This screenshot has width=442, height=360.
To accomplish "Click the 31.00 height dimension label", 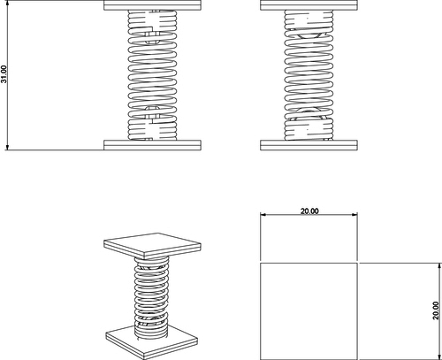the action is click(4, 74).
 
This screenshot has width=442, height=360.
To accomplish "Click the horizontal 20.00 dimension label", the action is click(309, 211).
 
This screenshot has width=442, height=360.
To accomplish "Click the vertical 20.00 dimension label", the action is click(436, 310).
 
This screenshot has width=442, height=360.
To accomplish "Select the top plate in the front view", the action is click(152, 5).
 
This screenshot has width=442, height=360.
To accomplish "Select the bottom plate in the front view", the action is click(152, 145).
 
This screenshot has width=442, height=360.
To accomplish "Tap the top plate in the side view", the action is click(309, 5).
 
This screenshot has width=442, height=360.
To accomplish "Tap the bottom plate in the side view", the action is click(309, 145).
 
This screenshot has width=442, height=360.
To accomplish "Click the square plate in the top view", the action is click(309, 311).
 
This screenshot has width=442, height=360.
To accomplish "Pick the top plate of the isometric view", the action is click(152, 246).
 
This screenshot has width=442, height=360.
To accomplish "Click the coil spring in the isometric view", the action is click(151, 298).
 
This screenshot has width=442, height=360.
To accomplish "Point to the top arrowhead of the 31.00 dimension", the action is click(7, 3).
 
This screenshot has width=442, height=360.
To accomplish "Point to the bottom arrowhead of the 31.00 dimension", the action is click(7, 148).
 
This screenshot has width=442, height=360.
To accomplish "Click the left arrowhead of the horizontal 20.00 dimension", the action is click(263, 215).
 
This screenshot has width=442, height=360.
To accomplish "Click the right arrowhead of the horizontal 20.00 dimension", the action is click(354, 215).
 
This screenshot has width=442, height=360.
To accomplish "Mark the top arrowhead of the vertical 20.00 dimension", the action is click(440, 265).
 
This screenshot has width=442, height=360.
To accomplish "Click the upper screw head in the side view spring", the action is click(309, 35).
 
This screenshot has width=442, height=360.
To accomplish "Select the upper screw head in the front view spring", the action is click(152, 38).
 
